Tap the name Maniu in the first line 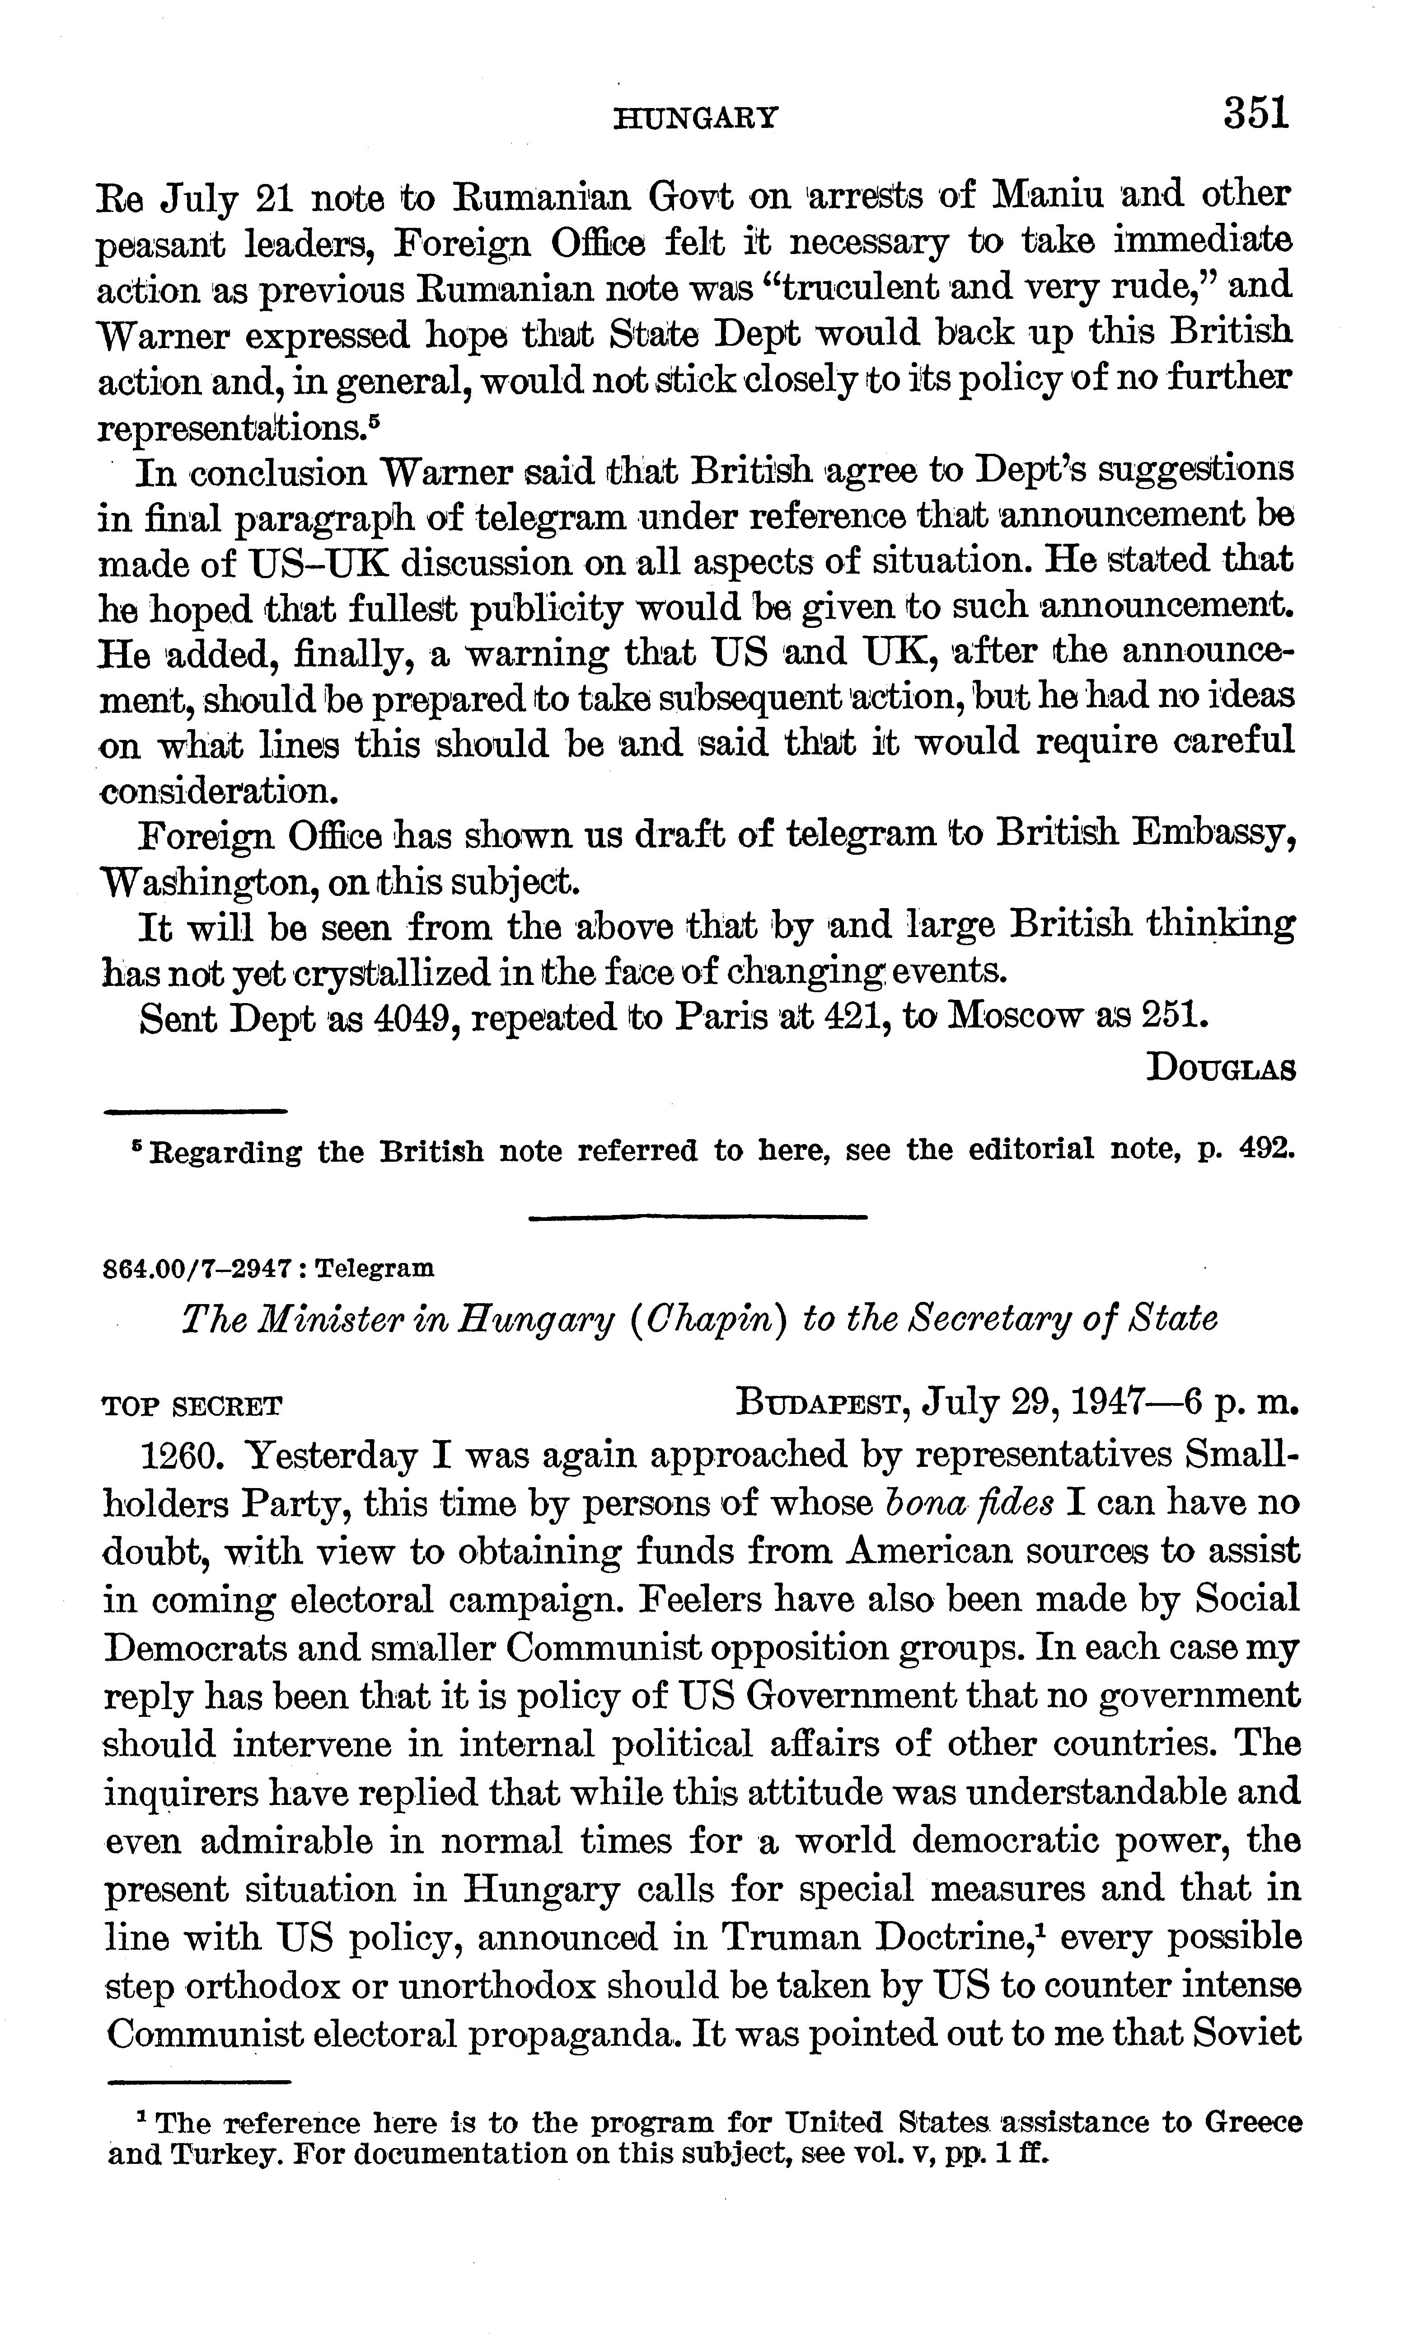[1048, 196]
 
